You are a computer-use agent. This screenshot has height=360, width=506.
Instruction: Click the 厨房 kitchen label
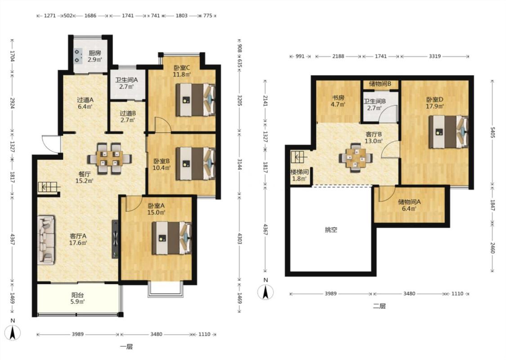pos(95,53)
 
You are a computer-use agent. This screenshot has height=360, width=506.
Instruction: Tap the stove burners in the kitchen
pos(78,55)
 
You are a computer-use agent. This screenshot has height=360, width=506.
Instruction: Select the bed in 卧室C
pos(196,100)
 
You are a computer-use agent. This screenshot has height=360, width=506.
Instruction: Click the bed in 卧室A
pos(172,238)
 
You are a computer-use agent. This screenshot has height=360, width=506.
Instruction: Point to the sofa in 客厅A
pos(46,240)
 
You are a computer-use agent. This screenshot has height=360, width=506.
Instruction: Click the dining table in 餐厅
pos(109,158)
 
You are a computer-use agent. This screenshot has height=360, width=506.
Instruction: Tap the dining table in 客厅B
pos(356,158)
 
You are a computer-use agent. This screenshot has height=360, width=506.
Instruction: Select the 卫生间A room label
pos(126,80)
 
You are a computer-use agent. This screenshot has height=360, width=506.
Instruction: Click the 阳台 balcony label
pos(78,295)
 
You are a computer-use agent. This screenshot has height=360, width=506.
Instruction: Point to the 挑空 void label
pos(331,230)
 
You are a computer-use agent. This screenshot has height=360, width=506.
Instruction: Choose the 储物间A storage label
pos(409,202)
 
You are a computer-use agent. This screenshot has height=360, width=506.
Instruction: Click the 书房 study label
pos(338,98)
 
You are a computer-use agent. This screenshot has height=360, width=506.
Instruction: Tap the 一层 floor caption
pos(126,347)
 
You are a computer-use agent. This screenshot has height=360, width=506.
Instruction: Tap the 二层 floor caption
pos(380,306)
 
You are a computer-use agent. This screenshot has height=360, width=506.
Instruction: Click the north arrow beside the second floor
pos(265,292)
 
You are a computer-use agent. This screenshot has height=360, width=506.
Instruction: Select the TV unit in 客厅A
pos(115,239)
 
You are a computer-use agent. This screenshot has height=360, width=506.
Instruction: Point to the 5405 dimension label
pos(493,133)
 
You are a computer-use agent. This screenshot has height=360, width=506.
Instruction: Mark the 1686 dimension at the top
pos(90,15)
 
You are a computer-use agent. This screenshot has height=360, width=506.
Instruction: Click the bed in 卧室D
pos(448,132)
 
